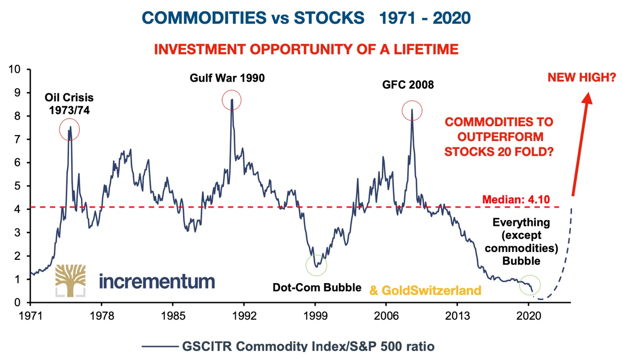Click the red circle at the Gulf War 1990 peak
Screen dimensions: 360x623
(x=231, y=100)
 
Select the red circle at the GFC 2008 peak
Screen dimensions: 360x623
(x=412, y=110)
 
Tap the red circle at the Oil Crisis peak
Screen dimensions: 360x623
(x=69, y=130)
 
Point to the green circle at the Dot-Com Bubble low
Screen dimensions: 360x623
(x=316, y=265)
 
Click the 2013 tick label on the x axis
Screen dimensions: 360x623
(x=458, y=316)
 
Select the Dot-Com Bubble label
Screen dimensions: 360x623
(x=316, y=288)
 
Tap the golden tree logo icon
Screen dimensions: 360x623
(x=70, y=280)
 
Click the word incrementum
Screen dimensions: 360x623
(x=157, y=281)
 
